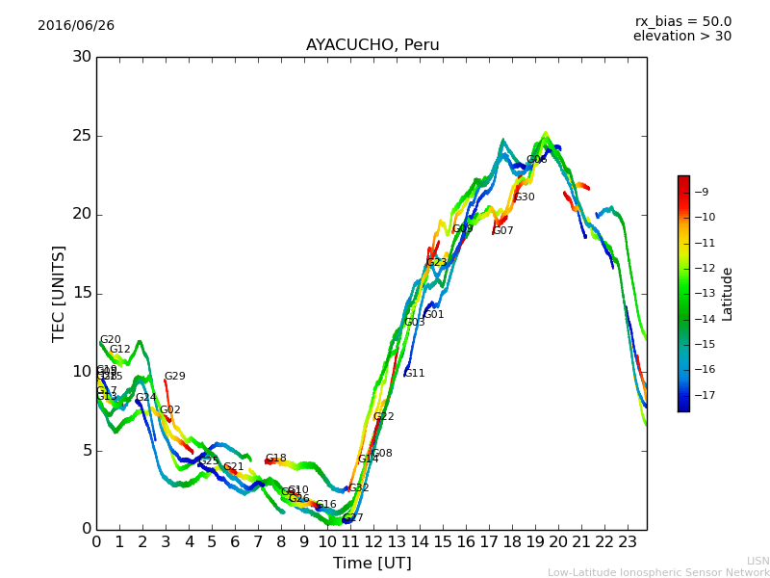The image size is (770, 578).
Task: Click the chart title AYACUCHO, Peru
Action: (x=372, y=45)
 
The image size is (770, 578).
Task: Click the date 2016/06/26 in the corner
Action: (x=76, y=26)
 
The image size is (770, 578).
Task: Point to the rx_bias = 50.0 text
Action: (x=682, y=22)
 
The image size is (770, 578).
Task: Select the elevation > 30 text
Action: (x=681, y=37)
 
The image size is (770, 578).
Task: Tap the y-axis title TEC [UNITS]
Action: (x=59, y=293)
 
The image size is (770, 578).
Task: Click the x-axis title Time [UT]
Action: (x=372, y=564)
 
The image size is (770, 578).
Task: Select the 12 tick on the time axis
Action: (x=373, y=542)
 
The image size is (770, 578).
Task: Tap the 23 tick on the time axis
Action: (x=628, y=542)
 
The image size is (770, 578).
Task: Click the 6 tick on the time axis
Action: (x=235, y=542)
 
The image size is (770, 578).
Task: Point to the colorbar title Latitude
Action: (x=728, y=293)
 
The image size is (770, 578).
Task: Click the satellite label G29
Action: (x=174, y=377)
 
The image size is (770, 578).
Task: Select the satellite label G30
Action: (x=525, y=197)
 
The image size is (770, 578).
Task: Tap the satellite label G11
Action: (x=414, y=374)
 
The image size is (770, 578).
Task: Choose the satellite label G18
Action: (x=275, y=459)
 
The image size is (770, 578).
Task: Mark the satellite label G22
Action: (x=383, y=417)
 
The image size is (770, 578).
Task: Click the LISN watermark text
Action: (x=757, y=561)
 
